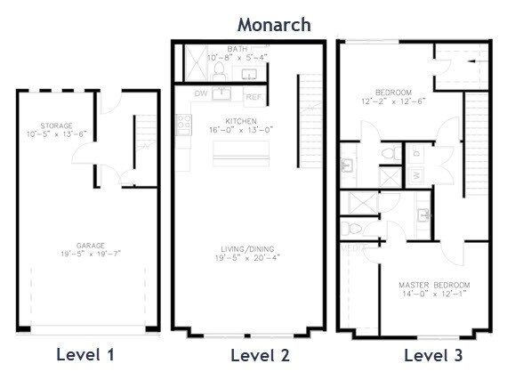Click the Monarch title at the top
click(x=273, y=24)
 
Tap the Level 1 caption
click(x=85, y=355)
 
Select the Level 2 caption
click(x=260, y=356)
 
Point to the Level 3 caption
click(x=434, y=356)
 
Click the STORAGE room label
click(x=56, y=126)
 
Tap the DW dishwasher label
click(x=202, y=93)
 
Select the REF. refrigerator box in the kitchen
click(x=253, y=95)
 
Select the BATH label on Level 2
click(x=237, y=49)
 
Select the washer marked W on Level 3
click(x=416, y=175)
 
